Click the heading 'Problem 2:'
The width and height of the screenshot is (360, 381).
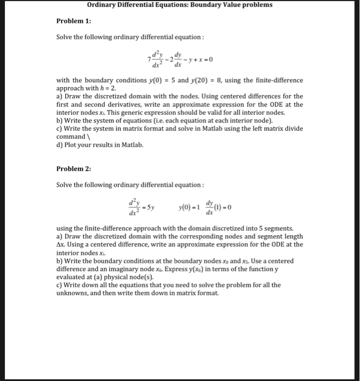[x=74, y=169]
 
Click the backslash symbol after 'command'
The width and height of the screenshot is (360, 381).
[x=89, y=137]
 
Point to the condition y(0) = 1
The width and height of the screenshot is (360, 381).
[x=189, y=208]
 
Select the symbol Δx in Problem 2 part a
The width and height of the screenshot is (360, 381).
[x=61, y=244]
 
